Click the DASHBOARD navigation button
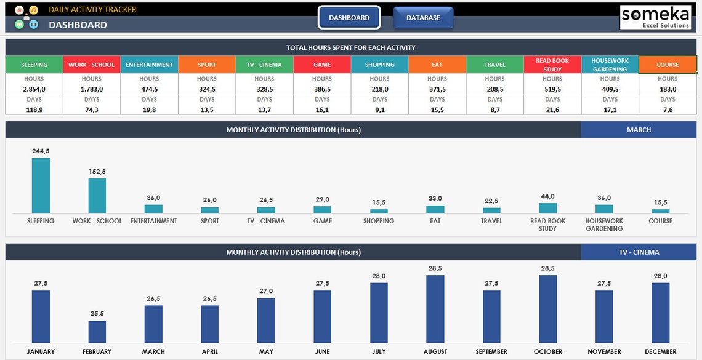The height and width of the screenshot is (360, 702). pos(349,18)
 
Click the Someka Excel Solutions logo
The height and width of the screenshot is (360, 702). pos(655,17)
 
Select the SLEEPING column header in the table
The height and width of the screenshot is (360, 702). pos(34,65)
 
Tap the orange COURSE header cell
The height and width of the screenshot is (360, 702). pos(668,65)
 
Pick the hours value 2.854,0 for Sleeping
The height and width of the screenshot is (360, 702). pos(34,89)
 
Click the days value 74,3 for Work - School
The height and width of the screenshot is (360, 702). pos(92,110)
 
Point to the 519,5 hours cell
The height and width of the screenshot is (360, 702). pos(552,89)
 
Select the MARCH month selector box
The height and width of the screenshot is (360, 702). pos(639,130)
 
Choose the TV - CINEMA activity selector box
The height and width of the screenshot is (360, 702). pos(639,252)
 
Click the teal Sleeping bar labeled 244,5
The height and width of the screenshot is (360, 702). pos(41,185)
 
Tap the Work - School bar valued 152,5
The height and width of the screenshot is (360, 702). pos(97,196)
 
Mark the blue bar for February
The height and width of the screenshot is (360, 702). pos(97,332)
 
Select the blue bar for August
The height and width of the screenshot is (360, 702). pos(435,309)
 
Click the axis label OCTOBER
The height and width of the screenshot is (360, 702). pos(548,352)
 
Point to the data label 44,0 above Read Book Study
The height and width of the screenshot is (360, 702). pos(547,196)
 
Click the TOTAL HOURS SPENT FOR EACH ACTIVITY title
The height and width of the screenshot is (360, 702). pos(350,47)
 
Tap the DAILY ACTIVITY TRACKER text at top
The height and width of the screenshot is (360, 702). pos(92,10)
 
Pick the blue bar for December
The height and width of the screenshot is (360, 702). pos(660,313)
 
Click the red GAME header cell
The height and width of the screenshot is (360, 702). pos(322,65)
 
